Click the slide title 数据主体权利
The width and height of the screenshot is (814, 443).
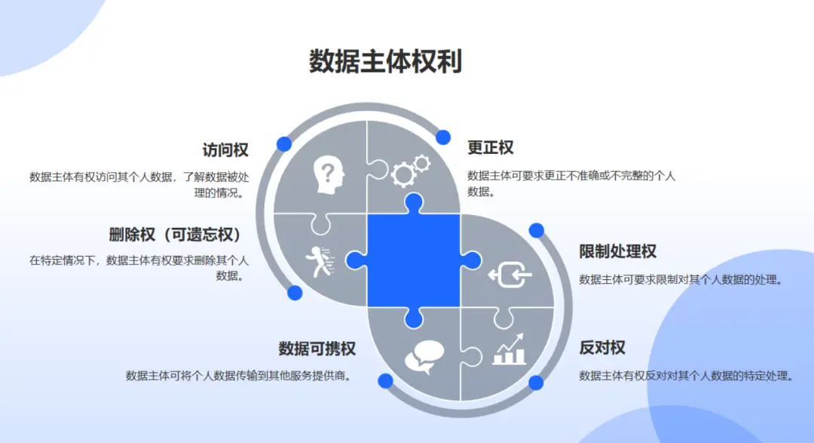pyautogui.click(x=385, y=62)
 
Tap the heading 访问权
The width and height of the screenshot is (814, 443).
pyautogui.click(x=225, y=150)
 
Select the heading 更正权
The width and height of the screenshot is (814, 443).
pyautogui.click(x=490, y=148)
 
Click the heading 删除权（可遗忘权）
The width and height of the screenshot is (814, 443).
pyautogui.click(x=175, y=235)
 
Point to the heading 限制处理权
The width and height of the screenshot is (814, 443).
pyautogui.click(x=618, y=251)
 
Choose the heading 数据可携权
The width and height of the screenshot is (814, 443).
pyautogui.click(x=317, y=349)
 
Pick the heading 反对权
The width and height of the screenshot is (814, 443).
pyautogui.click(x=602, y=347)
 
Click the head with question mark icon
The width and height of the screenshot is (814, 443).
pyautogui.click(x=329, y=176)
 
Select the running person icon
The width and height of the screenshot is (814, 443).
pyautogui.click(x=320, y=262)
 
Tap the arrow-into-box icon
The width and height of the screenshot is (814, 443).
pyautogui.click(x=510, y=275)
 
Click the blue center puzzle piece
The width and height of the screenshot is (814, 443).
pyautogui.click(x=413, y=260)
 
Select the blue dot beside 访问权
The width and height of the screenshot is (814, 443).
pyautogui.click(x=284, y=144)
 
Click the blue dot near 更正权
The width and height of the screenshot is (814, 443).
pyautogui.click(x=443, y=137)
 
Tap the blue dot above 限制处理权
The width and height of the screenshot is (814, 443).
pyautogui.click(x=537, y=230)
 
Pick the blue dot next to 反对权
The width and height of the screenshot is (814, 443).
pyautogui.click(x=536, y=383)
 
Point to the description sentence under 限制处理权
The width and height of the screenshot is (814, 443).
pyautogui.click(x=681, y=280)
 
